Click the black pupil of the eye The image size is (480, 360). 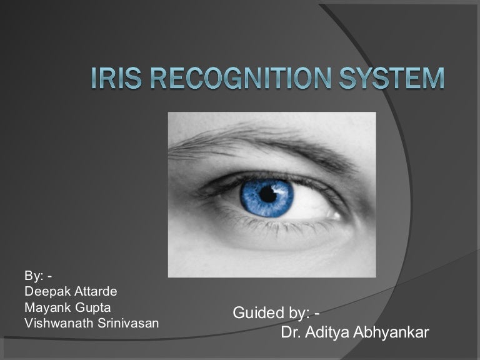[x=269, y=194]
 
